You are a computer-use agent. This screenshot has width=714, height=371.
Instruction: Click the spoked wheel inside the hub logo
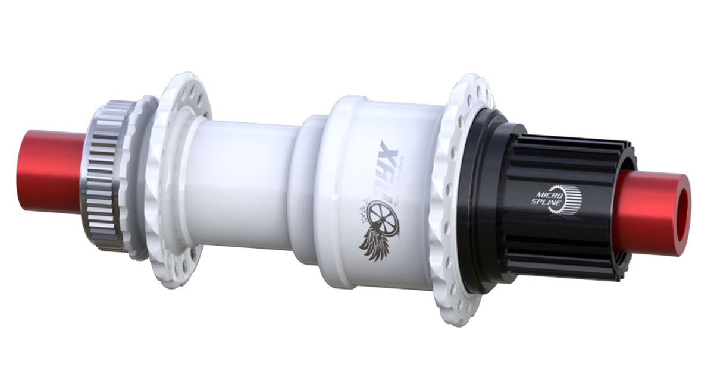380,215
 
